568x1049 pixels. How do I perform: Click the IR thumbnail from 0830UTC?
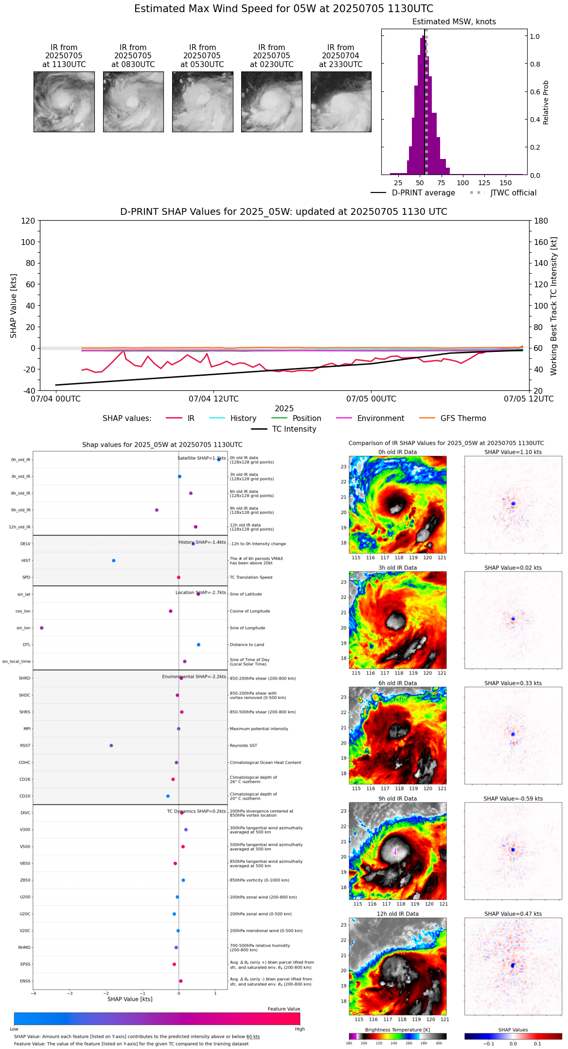[133, 102]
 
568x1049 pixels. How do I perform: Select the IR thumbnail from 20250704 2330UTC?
[341, 102]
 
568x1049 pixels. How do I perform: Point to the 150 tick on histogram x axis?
[506, 183]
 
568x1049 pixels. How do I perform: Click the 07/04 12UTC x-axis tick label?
[213, 399]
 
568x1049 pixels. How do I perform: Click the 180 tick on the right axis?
[541, 221]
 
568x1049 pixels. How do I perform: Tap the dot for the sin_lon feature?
[42, 628]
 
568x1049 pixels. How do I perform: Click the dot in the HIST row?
[114, 560]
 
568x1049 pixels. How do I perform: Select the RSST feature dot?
[111, 745]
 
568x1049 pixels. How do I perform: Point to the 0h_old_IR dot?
[219, 459]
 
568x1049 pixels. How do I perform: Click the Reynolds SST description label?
[243, 745]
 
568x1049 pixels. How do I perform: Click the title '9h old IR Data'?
[397, 799]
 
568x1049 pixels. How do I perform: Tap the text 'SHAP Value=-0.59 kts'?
[513, 799]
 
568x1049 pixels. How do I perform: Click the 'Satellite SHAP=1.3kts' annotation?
[201, 458]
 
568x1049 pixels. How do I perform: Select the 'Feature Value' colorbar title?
[284, 1009]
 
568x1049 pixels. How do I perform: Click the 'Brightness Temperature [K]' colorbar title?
[397, 1030]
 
